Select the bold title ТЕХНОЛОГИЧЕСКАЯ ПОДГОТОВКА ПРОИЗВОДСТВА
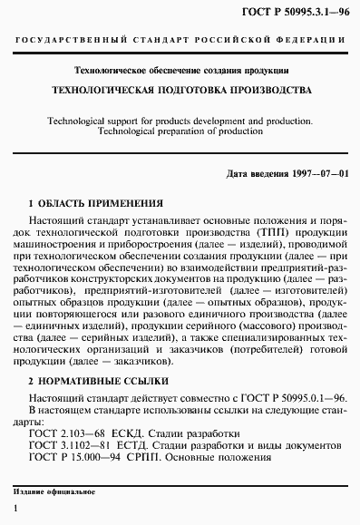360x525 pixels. pos(180,92)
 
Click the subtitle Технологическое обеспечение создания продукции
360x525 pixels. pos(180,70)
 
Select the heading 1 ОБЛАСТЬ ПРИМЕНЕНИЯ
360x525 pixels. pos(97,202)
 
